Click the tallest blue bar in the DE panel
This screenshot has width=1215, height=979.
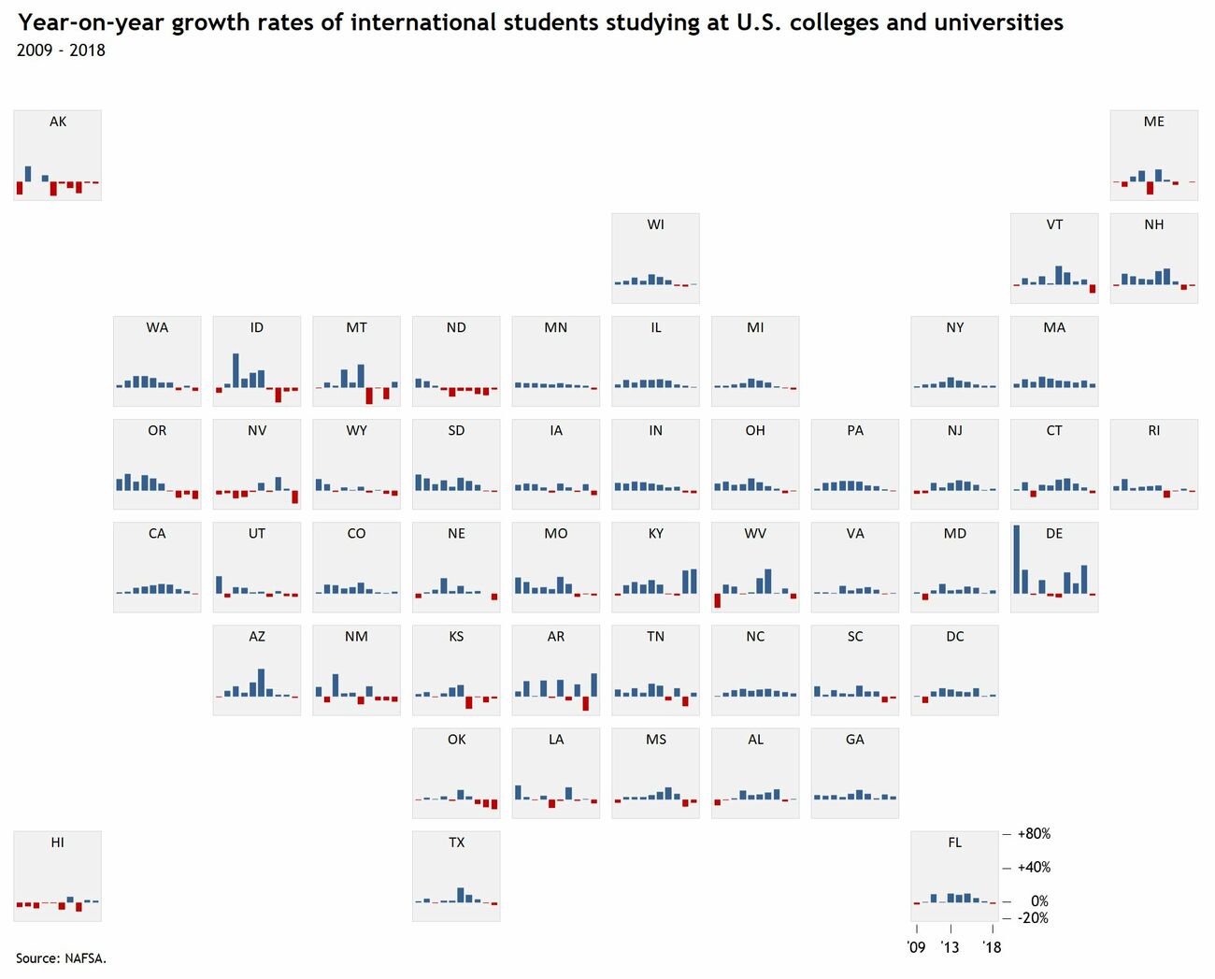1016,559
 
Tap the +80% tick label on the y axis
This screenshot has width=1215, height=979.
1034,833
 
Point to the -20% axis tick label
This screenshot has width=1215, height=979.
1033,917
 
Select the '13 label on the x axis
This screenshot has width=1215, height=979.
950,947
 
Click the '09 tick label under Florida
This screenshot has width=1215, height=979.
916,947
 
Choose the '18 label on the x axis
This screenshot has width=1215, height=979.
992,947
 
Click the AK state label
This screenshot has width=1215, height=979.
58,122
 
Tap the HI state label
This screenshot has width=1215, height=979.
58,842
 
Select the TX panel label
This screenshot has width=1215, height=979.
456,842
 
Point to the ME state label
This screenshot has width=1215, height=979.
1154,122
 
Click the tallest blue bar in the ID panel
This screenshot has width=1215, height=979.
236,370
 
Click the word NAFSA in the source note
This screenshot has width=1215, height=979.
85,957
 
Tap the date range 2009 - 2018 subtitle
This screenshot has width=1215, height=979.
61,50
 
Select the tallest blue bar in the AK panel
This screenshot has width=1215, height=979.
28,174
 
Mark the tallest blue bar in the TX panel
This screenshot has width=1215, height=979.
461,895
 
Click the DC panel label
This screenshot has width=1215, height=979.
954,637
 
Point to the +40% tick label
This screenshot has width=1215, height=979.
1034,867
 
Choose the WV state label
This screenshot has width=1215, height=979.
755,534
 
